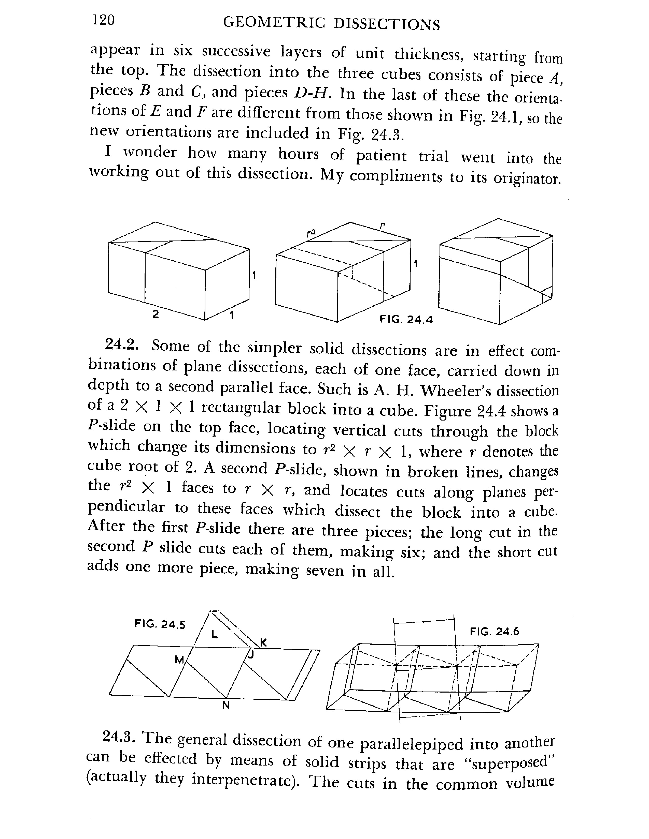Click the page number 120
pyautogui.click(x=103, y=20)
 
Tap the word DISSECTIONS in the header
pyautogui.click(x=386, y=25)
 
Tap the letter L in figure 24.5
pyautogui.click(x=215, y=634)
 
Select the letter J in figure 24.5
pyautogui.click(x=251, y=654)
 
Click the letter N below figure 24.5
pyautogui.click(x=226, y=705)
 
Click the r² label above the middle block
pyautogui.click(x=311, y=233)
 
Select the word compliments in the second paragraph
pyautogui.click(x=396, y=176)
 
